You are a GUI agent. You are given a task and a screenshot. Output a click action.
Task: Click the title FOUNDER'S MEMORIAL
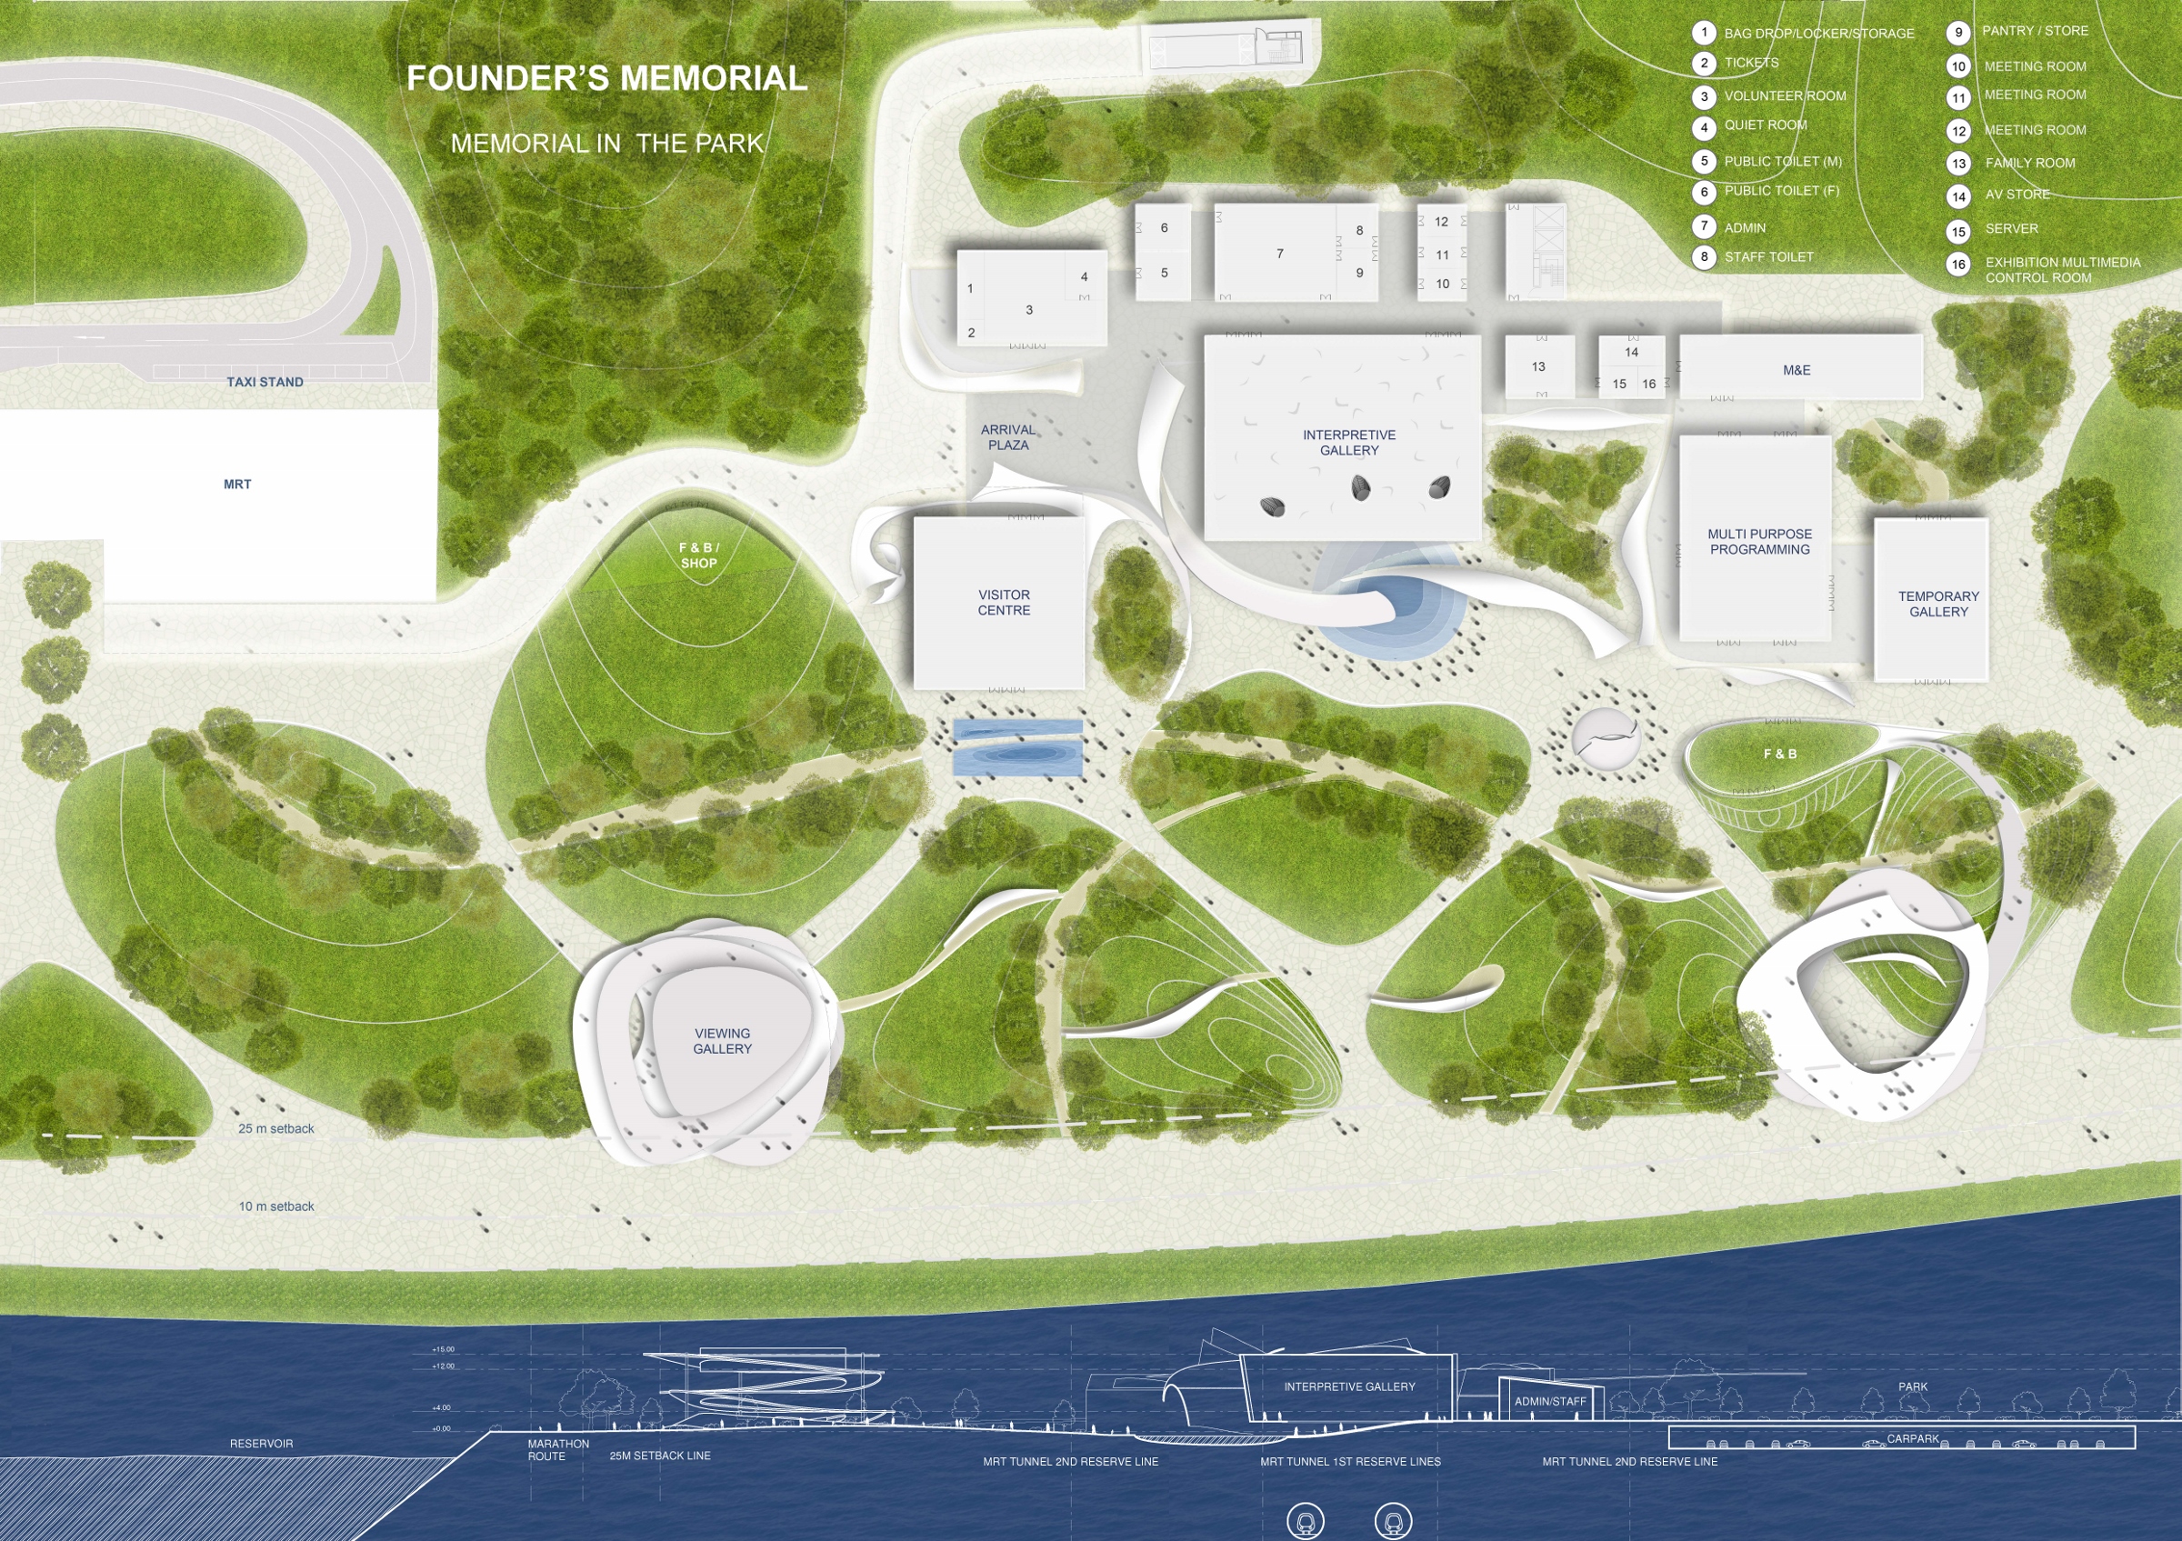(x=606, y=79)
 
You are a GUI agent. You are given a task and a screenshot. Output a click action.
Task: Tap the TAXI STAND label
(x=265, y=382)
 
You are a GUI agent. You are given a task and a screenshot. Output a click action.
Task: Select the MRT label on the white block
(x=237, y=485)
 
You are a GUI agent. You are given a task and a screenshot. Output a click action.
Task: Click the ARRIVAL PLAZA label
(x=1007, y=437)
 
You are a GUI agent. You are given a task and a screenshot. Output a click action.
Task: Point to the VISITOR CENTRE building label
(x=1004, y=603)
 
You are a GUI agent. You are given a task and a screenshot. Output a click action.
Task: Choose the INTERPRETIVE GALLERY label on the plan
(x=1348, y=443)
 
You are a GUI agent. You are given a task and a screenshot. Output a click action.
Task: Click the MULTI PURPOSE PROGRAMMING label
(x=1759, y=542)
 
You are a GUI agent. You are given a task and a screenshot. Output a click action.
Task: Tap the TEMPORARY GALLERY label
(x=1937, y=605)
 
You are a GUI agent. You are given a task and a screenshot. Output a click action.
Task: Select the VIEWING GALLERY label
(x=722, y=1041)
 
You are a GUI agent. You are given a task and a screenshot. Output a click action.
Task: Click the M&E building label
(x=1797, y=371)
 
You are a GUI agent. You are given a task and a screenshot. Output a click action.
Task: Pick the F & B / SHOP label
(x=698, y=555)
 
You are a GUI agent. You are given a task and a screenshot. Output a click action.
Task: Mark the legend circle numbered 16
(x=1957, y=265)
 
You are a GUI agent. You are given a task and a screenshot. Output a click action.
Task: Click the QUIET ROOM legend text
(x=1765, y=125)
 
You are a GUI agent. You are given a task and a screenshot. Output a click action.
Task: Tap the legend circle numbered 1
(x=1704, y=34)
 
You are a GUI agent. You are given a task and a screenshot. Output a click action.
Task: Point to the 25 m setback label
(x=275, y=1128)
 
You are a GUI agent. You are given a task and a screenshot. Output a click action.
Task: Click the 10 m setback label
(x=275, y=1206)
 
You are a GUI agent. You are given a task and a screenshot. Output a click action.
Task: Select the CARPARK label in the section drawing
(x=1912, y=1438)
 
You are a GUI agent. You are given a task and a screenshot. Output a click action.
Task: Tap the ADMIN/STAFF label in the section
(x=1550, y=1401)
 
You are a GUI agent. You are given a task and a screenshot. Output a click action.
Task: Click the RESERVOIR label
(x=261, y=1444)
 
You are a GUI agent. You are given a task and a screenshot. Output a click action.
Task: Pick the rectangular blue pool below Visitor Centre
(x=1016, y=747)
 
